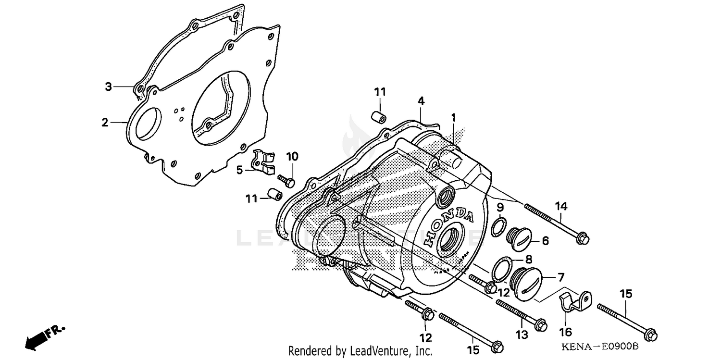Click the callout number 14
(x=561, y=206)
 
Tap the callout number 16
(x=566, y=332)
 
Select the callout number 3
(x=109, y=87)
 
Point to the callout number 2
(x=105, y=123)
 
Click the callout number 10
(x=292, y=156)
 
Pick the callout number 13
(x=522, y=334)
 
